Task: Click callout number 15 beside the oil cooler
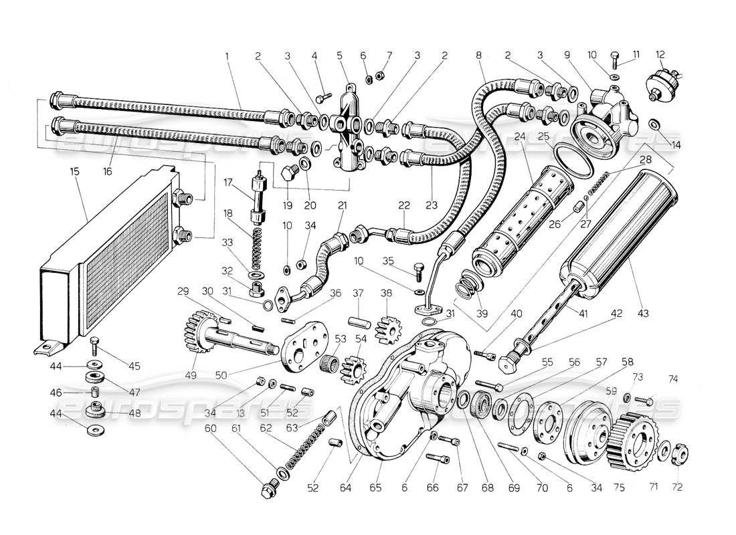(x=74, y=172)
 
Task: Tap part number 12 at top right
(x=660, y=54)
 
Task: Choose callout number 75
(x=618, y=489)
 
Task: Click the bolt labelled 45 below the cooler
(x=94, y=344)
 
